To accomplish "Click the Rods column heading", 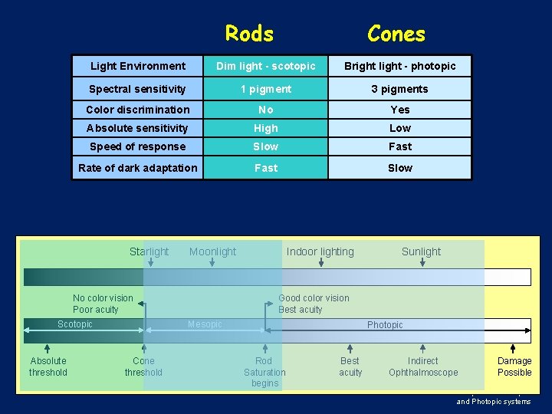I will [249, 34].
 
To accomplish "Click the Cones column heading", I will [396, 34].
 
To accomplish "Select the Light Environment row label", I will [138, 66].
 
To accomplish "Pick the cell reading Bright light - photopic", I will [399, 66].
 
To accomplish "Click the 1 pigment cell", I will [266, 89].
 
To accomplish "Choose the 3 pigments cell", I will [399, 89].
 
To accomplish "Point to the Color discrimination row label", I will [138, 110].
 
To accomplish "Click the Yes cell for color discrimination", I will [399, 110].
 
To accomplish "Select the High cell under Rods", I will [266, 128].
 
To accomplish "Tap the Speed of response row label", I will [138, 146].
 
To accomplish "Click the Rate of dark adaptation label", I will [138, 168].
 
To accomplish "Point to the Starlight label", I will [149, 251].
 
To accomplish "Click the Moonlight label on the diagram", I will [212, 251].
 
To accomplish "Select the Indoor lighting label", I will [320, 251].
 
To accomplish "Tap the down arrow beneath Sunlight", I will [422, 263].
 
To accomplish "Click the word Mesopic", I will [205, 324].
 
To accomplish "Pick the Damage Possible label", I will [514, 366].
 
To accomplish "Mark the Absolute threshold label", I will [48, 366].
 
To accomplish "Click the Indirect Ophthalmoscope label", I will [423, 366].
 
